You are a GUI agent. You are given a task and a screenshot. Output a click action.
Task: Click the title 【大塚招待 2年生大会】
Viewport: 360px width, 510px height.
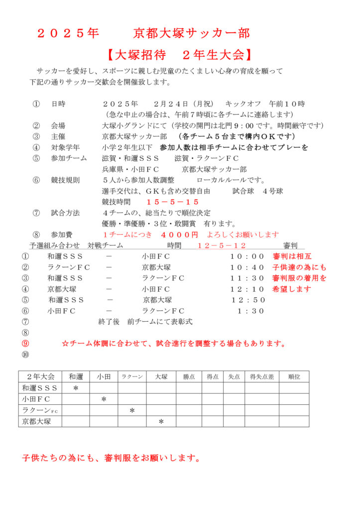[x=180, y=54]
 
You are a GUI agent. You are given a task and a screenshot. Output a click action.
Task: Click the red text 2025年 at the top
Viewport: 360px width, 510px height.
[x=68, y=33]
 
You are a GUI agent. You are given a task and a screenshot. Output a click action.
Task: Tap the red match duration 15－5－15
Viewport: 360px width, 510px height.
[x=173, y=202]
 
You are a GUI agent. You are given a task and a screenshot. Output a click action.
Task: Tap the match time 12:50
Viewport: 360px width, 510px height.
[x=248, y=300]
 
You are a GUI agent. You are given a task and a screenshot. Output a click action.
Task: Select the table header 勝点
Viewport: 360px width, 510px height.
[x=189, y=377]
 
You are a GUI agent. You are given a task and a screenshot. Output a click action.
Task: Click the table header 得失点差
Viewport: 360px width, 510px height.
[x=262, y=377]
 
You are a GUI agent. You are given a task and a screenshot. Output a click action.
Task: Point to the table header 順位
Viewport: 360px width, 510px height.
[x=294, y=377]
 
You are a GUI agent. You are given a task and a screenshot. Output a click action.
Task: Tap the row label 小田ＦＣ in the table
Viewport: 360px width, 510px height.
[x=36, y=399]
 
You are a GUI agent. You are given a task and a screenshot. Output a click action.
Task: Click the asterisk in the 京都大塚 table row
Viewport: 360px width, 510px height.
[x=161, y=422]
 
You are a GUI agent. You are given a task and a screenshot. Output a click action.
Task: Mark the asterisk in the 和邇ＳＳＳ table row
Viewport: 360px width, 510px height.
[x=76, y=388]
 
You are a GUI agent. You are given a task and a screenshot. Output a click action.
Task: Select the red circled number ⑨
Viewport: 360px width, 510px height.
[x=26, y=343]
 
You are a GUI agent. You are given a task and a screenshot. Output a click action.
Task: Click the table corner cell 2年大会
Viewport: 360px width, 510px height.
[x=40, y=377]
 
